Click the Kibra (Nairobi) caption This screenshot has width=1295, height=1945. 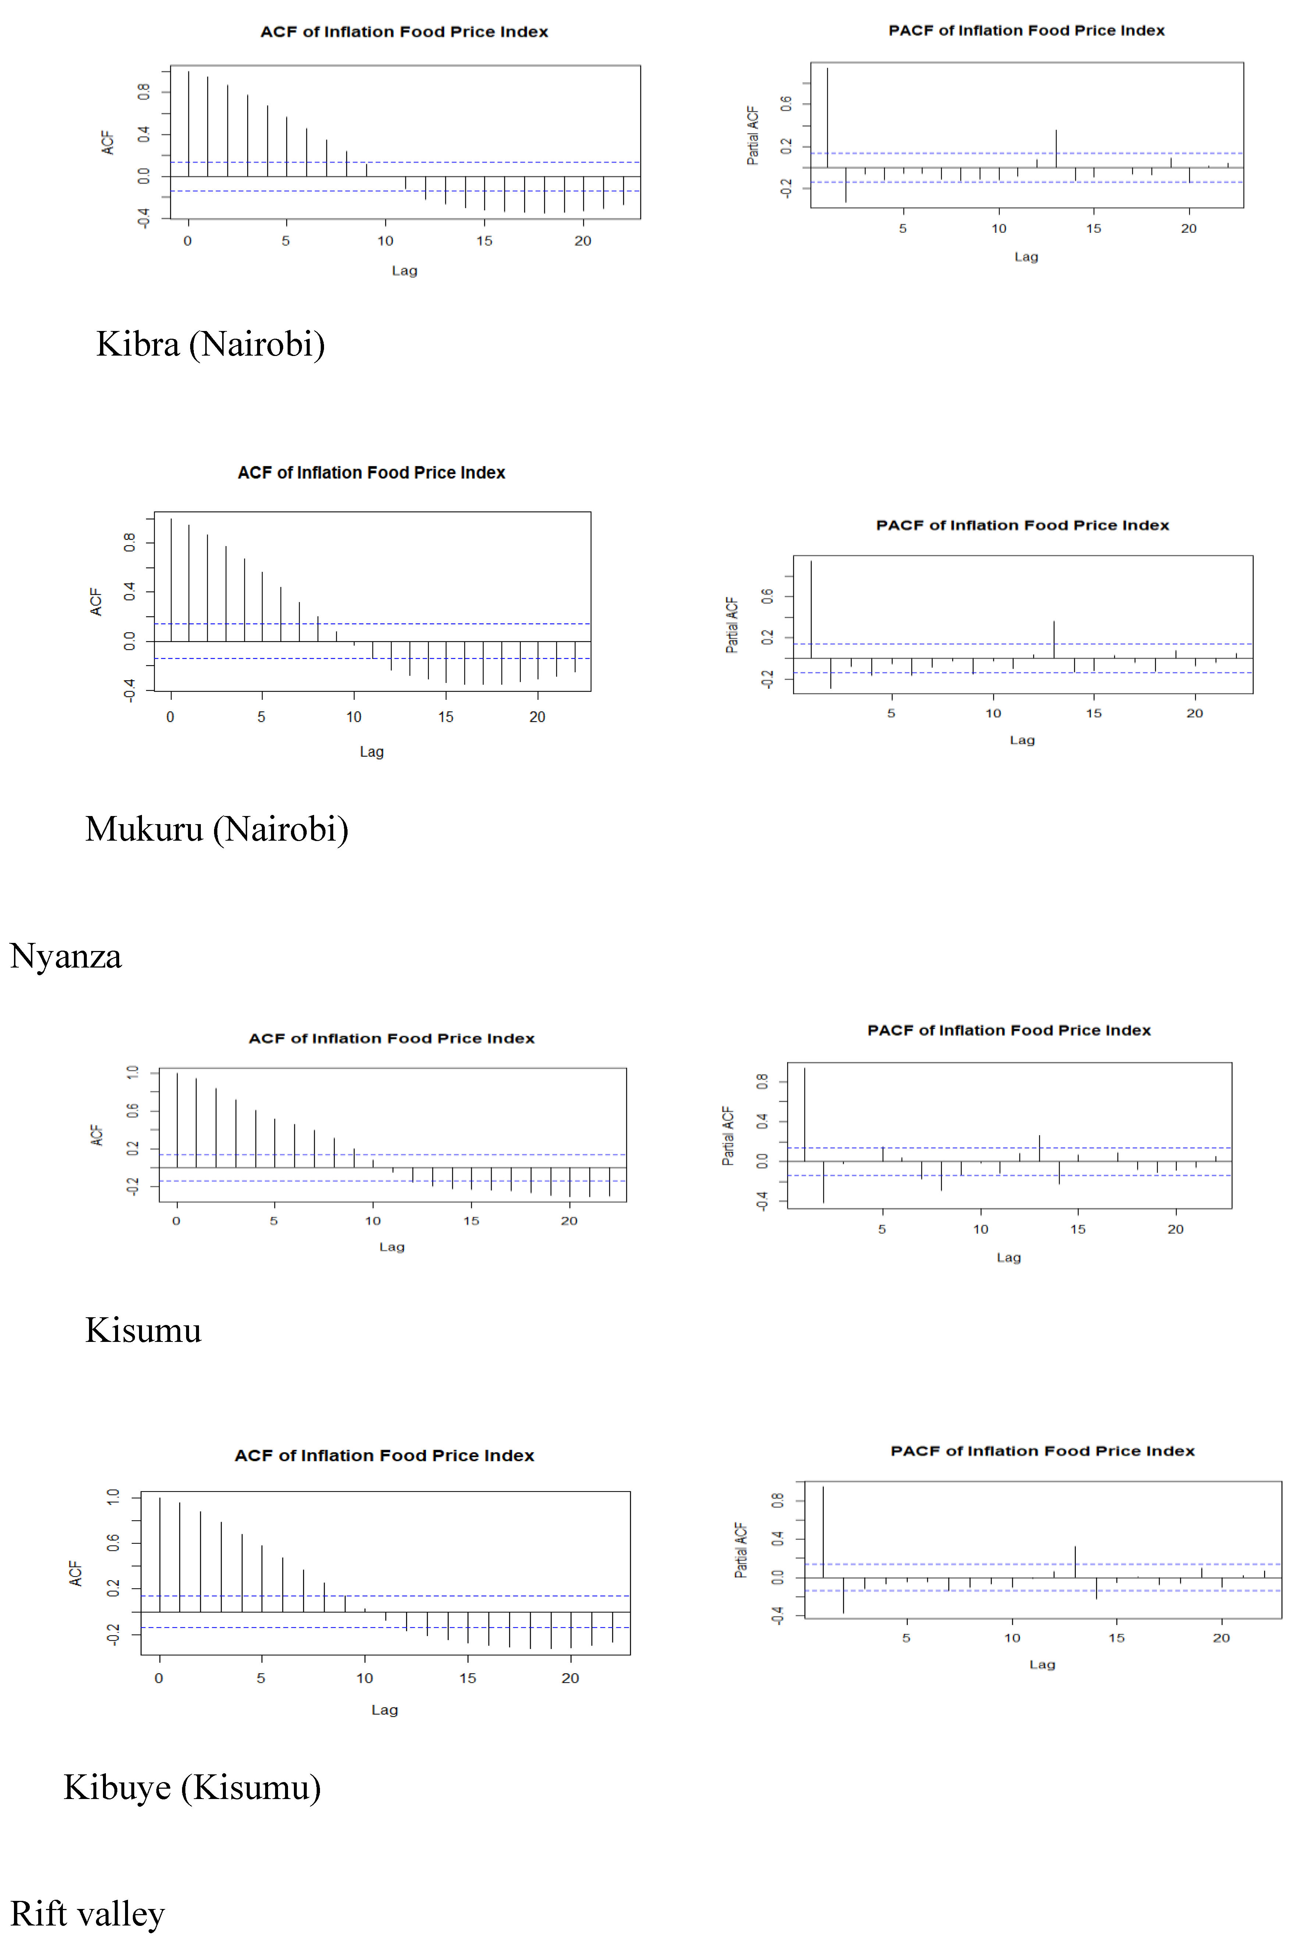[211, 344]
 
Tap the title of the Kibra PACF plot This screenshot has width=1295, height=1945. [1026, 31]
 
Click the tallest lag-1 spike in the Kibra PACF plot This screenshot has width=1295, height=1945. [827, 115]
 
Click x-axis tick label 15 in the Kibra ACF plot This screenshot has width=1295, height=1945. [484, 241]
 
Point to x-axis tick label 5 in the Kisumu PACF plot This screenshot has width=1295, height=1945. [882, 1229]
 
